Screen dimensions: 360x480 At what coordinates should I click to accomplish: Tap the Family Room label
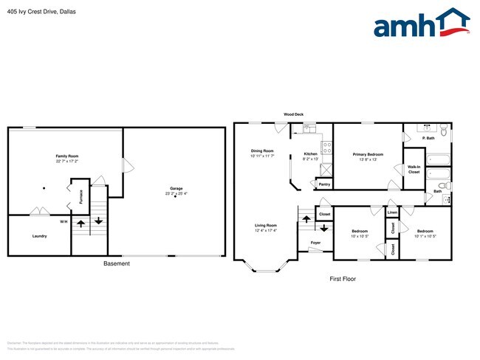tap(67, 156)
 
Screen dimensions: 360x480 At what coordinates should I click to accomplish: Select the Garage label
tap(176, 189)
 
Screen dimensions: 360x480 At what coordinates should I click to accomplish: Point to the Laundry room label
tap(39, 236)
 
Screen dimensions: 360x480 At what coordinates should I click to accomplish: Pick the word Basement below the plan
tap(116, 263)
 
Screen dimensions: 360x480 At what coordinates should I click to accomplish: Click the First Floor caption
tap(343, 280)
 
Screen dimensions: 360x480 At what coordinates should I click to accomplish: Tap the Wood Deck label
tap(293, 114)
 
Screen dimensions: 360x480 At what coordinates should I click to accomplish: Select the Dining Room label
tap(262, 150)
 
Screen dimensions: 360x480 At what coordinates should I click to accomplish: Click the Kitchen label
tap(311, 153)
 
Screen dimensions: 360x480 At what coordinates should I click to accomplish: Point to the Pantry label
tap(323, 184)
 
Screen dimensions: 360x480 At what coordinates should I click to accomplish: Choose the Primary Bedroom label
tap(368, 154)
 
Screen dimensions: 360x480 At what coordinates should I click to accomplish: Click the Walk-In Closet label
tap(414, 169)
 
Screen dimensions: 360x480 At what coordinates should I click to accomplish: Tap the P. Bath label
tap(427, 138)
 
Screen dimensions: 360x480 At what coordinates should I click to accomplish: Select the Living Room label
tap(266, 225)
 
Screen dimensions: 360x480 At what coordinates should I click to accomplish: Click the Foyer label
tap(315, 242)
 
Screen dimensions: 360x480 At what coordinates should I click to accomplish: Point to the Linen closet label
tap(392, 213)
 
